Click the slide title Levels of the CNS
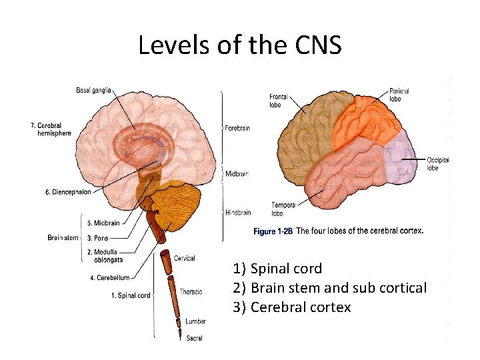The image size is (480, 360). click(x=240, y=45)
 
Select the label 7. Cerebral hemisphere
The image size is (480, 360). click(x=51, y=129)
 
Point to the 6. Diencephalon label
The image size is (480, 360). click(x=68, y=192)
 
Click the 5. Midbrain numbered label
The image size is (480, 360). click(x=103, y=223)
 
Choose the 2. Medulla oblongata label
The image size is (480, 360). click(x=103, y=256)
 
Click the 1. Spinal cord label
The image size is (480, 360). click(x=131, y=295)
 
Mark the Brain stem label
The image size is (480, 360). click(x=63, y=237)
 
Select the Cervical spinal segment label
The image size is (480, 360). click(x=185, y=258)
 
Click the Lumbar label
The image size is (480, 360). click(x=195, y=321)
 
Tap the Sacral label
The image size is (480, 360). click(x=194, y=338)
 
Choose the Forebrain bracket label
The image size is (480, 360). click(x=237, y=128)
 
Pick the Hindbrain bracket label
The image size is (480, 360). click(x=238, y=213)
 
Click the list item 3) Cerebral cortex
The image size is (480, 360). click(x=292, y=307)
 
